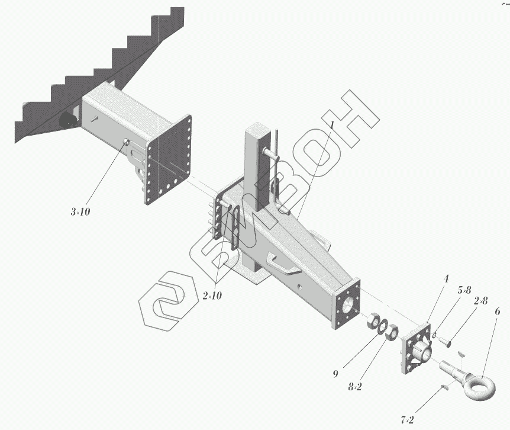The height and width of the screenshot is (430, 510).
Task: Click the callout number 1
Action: (x=333, y=126)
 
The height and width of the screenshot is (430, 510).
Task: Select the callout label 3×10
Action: (x=81, y=211)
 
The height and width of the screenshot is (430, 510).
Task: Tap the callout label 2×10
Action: (x=212, y=296)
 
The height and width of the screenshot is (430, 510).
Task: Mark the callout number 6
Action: (x=497, y=312)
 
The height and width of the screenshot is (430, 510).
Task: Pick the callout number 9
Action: (x=335, y=374)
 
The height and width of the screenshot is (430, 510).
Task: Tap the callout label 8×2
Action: (x=355, y=386)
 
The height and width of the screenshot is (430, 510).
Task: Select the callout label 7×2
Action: (x=407, y=420)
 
